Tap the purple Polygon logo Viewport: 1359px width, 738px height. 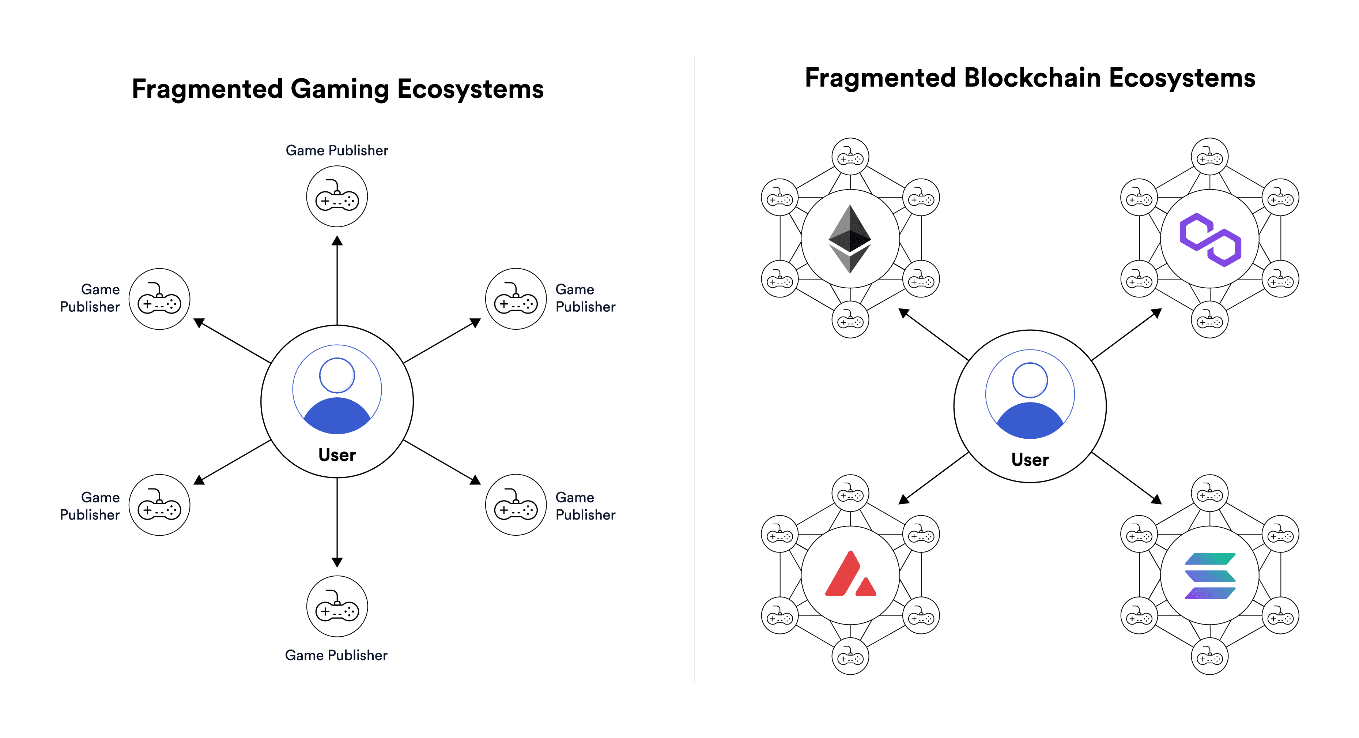click(1210, 240)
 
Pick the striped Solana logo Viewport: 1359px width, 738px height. click(1210, 576)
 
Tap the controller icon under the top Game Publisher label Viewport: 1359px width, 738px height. click(337, 196)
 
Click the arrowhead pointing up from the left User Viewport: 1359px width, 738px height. click(337, 241)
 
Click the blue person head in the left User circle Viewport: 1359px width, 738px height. click(337, 375)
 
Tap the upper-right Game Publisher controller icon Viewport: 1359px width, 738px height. click(516, 299)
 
